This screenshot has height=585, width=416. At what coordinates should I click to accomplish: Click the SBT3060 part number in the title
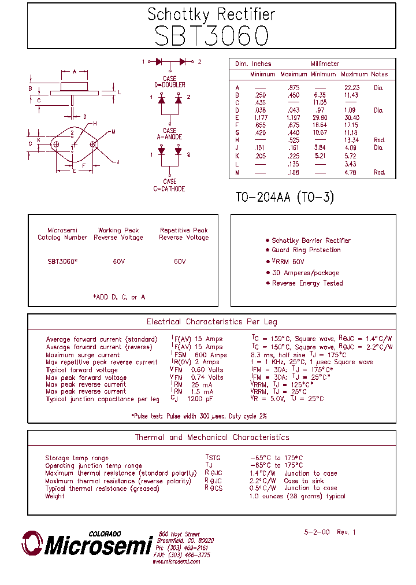click(211, 36)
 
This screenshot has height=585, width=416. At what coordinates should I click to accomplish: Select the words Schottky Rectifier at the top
click(211, 14)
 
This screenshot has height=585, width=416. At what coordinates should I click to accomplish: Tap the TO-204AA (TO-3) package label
click(285, 197)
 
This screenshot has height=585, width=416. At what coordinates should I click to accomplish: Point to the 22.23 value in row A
click(351, 87)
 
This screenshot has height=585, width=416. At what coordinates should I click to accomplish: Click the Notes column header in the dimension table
click(380, 74)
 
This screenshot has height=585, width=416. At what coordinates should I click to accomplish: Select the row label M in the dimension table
click(237, 172)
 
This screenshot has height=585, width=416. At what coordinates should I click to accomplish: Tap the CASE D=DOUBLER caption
click(170, 82)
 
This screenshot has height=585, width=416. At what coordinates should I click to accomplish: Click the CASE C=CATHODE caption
click(169, 186)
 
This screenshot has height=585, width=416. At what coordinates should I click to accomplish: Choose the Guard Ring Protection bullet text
click(306, 250)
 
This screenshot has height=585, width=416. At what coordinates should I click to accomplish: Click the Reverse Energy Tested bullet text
click(307, 283)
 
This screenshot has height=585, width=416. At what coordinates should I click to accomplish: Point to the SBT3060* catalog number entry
click(62, 261)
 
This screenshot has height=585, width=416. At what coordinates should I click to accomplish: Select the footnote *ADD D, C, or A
click(119, 297)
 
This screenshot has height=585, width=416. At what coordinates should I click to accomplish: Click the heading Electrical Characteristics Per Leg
click(211, 322)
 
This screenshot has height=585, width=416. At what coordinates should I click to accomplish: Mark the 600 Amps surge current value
click(211, 355)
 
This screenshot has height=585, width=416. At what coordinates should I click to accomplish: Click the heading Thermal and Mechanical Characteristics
click(211, 438)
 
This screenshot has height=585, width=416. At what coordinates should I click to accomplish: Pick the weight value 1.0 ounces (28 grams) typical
click(297, 496)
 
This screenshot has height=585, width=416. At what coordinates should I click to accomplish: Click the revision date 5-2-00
click(317, 532)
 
